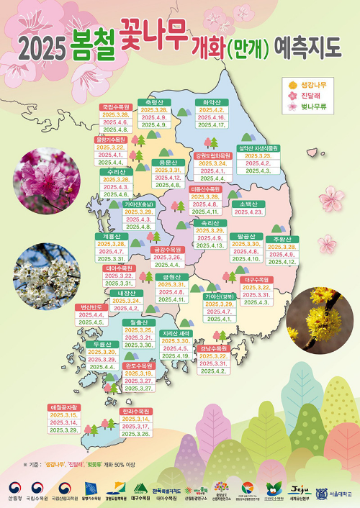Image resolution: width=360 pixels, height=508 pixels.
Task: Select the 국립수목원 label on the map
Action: point(115,106)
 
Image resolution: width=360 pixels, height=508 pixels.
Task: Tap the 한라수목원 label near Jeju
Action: point(136,411)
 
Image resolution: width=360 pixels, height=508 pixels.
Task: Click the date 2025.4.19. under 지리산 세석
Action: point(175,355)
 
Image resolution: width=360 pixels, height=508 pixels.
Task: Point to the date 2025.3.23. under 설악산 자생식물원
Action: point(257,156)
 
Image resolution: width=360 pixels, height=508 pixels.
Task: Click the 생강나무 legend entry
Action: point(312,85)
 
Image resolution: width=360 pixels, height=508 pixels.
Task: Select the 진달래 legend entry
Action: point(312,96)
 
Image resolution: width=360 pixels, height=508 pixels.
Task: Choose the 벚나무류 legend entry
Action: point(312,107)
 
